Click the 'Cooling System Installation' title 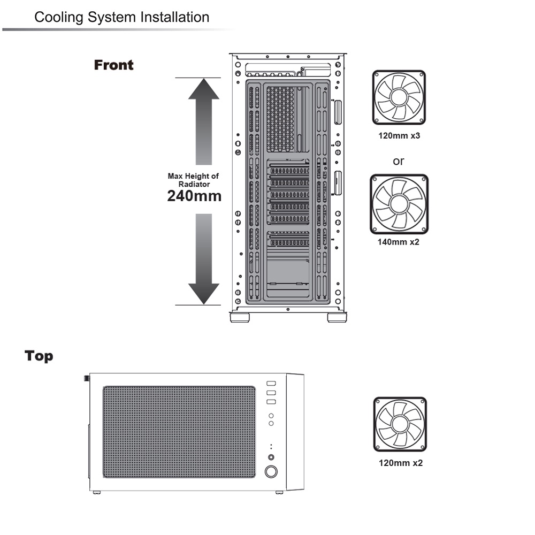click(x=122, y=17)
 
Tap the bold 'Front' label click(x=113, y=65)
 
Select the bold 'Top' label click(x=39, y=356)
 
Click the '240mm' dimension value click(x=194, y=196)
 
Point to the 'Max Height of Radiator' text click(x=194, y=180)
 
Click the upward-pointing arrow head click(x=204, y=89)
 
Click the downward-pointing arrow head click(x=204, y=294)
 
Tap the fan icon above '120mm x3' click(x=399, y=97)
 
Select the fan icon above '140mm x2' click(x=399, y=204)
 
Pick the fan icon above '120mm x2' click(x=400, y=424)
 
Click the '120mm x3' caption click(x=399, y=136)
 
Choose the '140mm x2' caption click(x=398, y=242)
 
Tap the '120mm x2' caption click(x=401, y=463)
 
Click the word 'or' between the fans click(x=399, y=161)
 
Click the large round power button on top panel click(x=271, y=471)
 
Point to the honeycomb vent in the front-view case click(x=280, y=119)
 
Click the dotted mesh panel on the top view click(x=179, y=432)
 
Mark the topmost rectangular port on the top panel click(x=271, y=384)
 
